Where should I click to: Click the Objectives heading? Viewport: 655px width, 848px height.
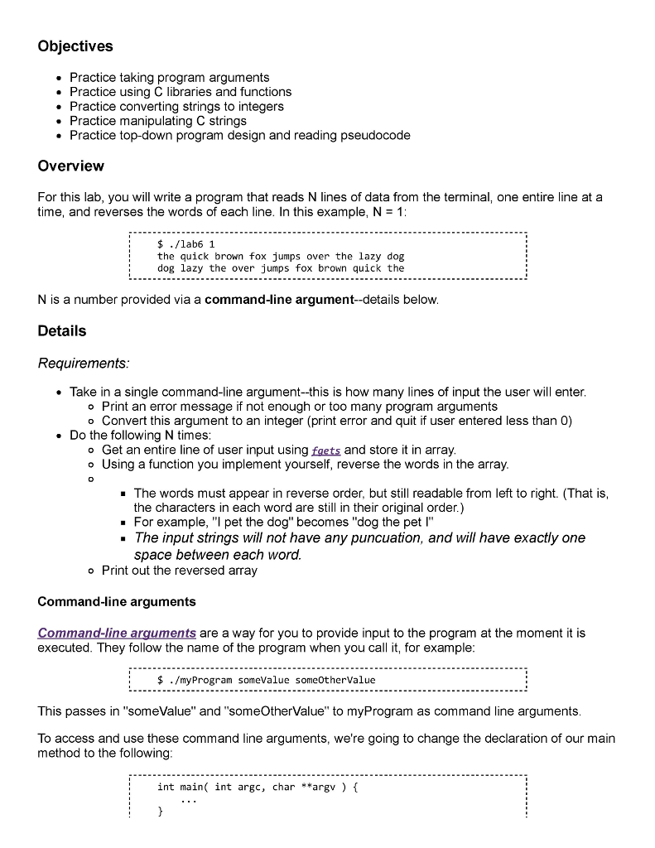tap(75, 46)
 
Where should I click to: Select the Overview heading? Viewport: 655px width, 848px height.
tap(71, 166)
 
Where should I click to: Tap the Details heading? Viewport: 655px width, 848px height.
tap(62, 331)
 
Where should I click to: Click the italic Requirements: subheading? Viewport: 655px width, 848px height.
tap(84, 364)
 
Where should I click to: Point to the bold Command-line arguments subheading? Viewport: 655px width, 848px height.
tap(117, 602)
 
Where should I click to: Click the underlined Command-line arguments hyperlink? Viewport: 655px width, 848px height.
tap(117, 634)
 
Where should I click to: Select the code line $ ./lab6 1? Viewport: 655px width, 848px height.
tap(186, 245)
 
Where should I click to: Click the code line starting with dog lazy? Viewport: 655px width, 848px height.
tap(280, 268)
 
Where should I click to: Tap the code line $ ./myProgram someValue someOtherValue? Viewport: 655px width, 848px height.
tap(266, 680)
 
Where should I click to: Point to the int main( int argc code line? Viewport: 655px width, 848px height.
tap(257, 788)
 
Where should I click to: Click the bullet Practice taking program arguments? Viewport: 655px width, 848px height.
tap(169, 77)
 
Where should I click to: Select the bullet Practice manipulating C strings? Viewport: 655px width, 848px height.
tap(157, 120)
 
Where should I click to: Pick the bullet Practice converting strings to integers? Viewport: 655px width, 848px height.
tap(176, 106)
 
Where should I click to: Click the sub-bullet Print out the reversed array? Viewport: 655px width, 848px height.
tap(179, 571)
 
